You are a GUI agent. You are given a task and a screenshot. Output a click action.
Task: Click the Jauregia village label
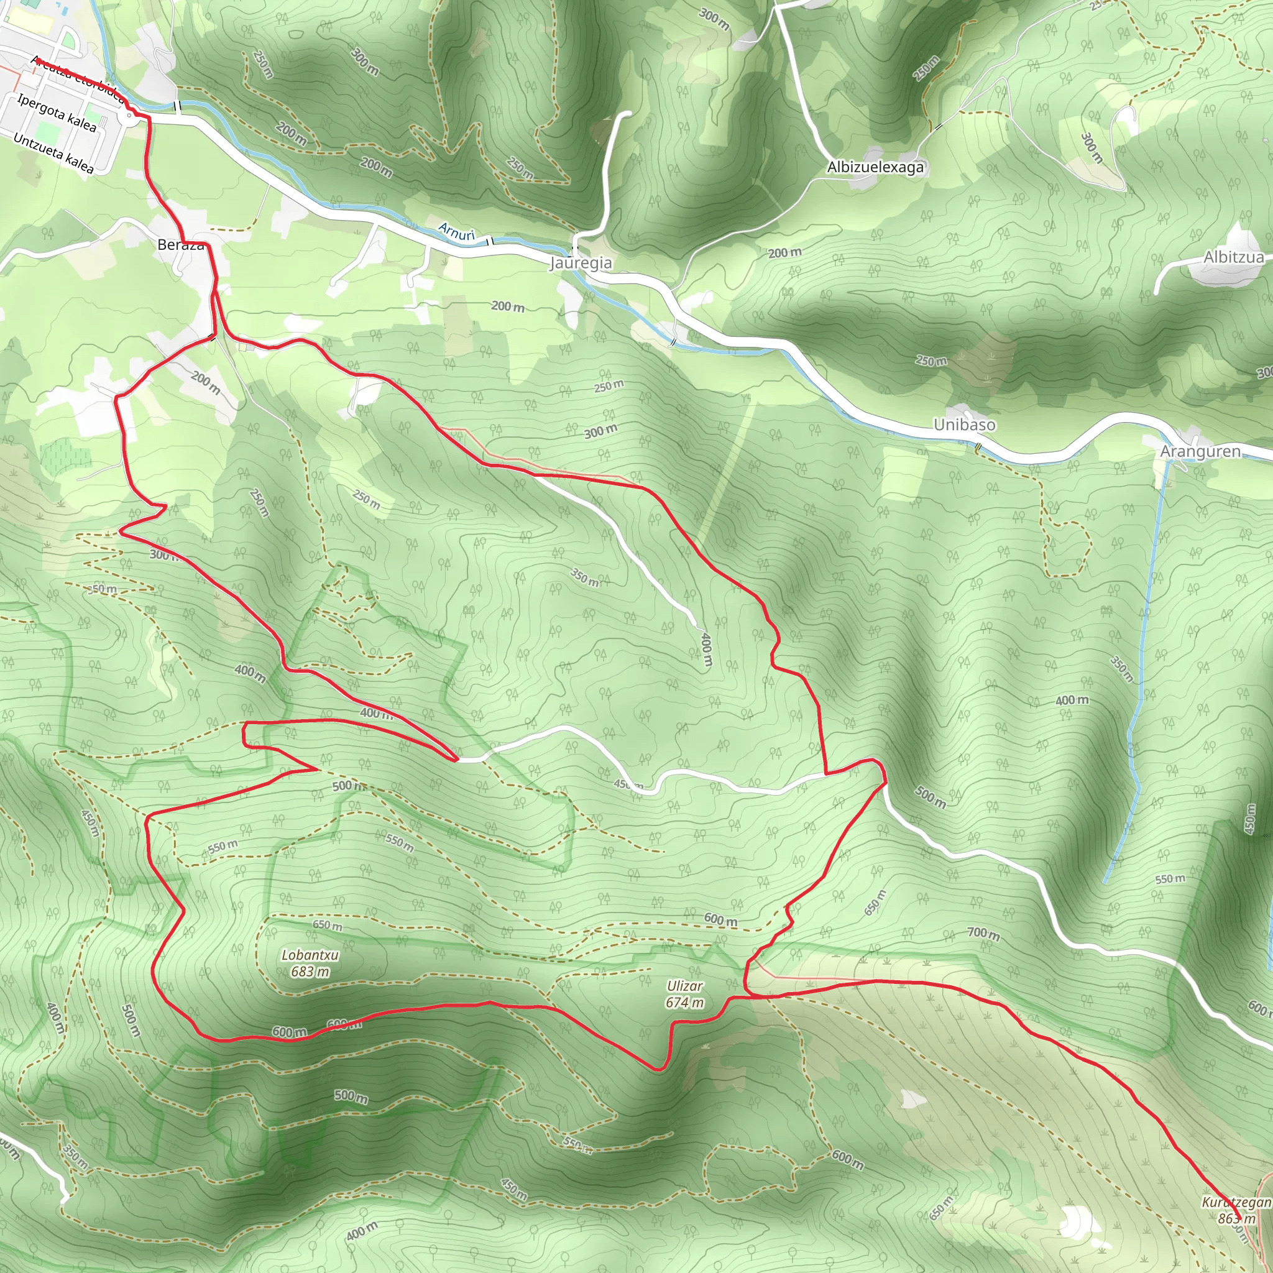(581, 263)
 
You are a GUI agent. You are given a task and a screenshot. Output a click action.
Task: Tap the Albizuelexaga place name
(875, 167)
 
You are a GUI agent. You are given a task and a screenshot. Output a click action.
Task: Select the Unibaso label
(964, 425)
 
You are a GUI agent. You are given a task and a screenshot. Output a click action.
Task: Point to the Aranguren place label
(1200, 451)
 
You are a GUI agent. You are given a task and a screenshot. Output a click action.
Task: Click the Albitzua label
(1233, 257)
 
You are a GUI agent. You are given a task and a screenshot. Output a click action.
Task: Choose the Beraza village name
(180, 245)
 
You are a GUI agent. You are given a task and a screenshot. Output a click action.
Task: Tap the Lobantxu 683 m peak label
(310, 963)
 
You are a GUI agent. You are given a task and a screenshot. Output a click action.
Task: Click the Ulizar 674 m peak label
(684, 995)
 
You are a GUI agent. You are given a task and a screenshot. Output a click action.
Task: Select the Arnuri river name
(456, 232)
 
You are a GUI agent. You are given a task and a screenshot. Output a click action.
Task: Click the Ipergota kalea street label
(57, 113)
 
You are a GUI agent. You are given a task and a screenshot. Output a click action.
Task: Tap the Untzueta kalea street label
(53, 154)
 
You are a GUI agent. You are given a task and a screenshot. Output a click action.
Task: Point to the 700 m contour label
(983, 933)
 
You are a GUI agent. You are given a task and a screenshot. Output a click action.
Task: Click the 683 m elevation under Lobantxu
(310, 972)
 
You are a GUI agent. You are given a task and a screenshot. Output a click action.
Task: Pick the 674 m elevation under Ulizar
(684, 1003)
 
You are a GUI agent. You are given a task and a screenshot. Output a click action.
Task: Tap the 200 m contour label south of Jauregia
(507, 306)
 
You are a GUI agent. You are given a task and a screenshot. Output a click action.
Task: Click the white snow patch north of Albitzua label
(1236, 234)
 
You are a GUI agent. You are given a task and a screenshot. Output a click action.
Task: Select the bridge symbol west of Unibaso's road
(978, 448)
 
